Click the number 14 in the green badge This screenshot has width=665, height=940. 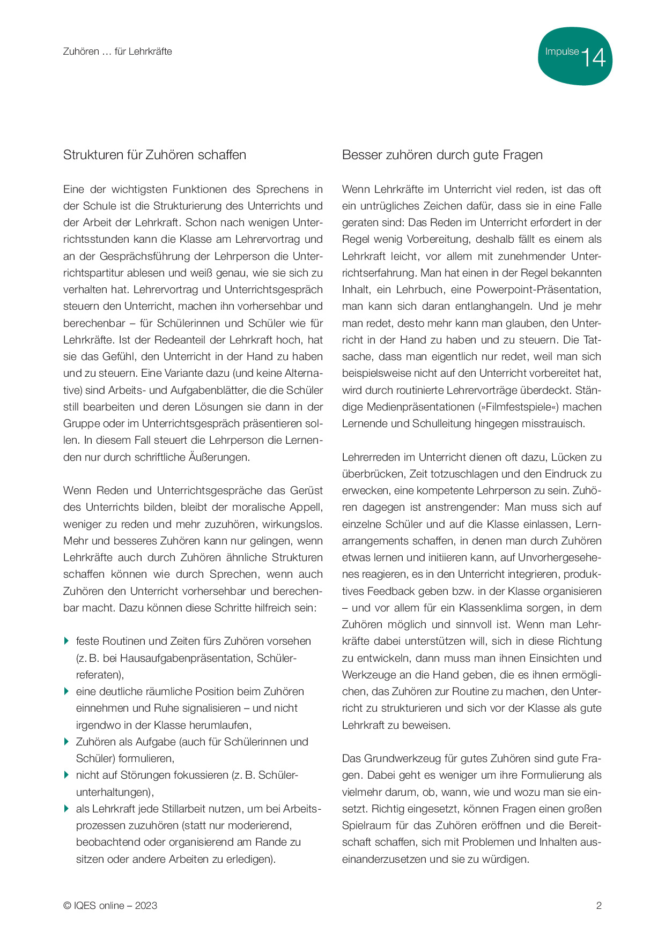point(593,57)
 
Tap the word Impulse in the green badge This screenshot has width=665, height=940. point(561,51)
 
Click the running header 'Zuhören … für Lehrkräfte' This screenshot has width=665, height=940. point(117,51)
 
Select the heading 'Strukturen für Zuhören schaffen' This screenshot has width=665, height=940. point(154,155)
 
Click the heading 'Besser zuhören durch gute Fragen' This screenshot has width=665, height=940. point(442,155)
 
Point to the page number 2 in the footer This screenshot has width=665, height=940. point(598,906)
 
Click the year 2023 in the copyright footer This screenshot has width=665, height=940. point(146,906)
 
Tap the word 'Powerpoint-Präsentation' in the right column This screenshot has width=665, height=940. point(538,289)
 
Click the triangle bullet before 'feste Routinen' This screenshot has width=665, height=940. point(66,641)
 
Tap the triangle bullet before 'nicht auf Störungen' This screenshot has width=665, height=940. point(66,775)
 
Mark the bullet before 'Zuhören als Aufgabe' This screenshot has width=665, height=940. point(66,742)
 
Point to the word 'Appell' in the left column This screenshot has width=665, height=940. point(306,507)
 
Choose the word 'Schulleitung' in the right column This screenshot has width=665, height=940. point(443,423)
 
